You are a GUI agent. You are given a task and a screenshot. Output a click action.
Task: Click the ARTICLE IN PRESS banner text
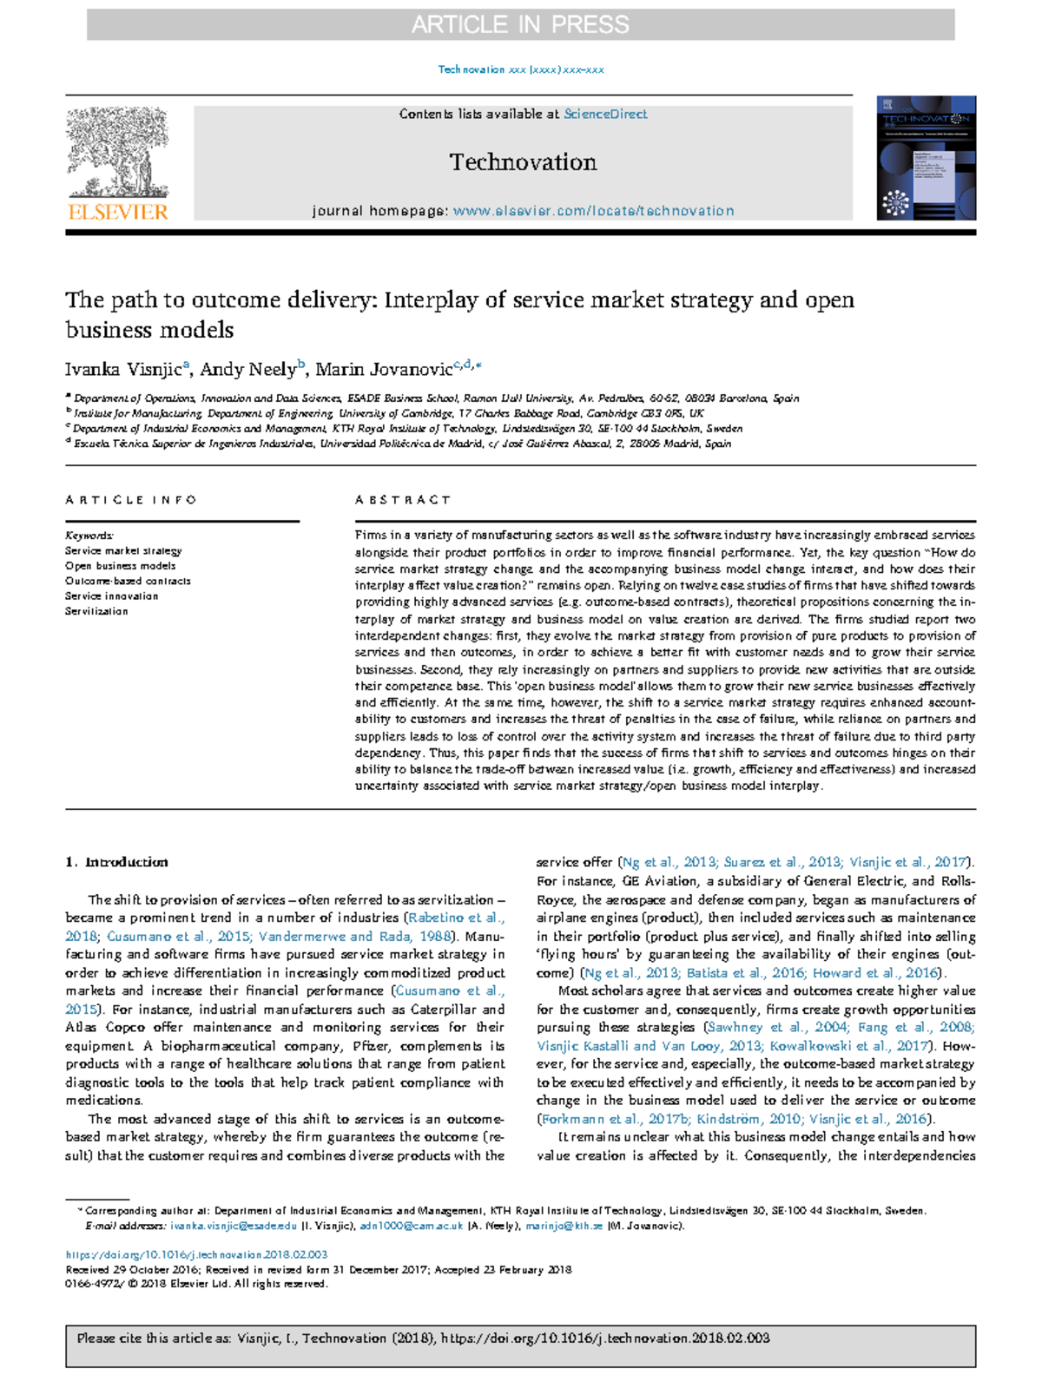pyautogui.click(x=520, y=24)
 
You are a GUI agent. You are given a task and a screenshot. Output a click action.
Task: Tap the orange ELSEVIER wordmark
pyautogui.click(x=117, y=212)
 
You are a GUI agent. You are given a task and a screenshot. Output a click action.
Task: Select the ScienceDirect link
pyautogui.click(x=605, y=114)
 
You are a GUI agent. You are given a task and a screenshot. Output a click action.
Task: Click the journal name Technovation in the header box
pyautogui.click(x=523, y=162)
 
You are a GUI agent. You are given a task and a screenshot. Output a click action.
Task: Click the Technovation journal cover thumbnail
pyautogui.click(x=926, y=157)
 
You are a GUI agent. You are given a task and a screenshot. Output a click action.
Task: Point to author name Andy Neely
pyautogui.click(x=247, y=370)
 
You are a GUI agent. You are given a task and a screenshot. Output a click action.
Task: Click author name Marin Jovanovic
pyautogui.click(x=383, y=370)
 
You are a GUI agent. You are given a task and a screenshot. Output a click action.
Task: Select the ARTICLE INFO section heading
pyautogui.click(x=131, y=500)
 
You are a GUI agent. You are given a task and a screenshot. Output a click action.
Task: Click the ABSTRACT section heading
pyautogui.click(x=403, y=500)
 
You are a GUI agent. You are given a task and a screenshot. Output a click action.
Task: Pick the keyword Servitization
pyautogui.click(x=96, y=611)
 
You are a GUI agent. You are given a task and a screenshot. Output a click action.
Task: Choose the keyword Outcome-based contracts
pyautogui.click(x=128, y=581)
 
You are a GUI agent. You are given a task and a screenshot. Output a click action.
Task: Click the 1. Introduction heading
pyautogui.click(x=116, y=862)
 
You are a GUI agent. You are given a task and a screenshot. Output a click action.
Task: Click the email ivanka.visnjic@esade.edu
pyautogui.click(x=234, y=1226)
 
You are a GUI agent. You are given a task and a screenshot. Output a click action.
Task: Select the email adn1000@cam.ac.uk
pyautogui.click(x=412, y=1226)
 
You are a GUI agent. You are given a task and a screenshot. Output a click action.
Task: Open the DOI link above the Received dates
pyautogui.click(x=196, y=1254)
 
